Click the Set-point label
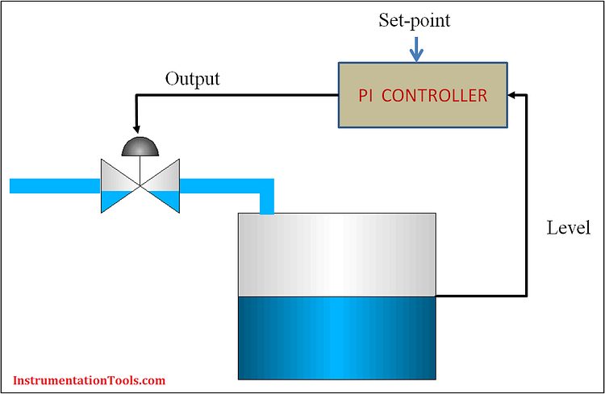pyautogui.click(x=415, y=21)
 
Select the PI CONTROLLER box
pyautogui.click(x=423, y=96)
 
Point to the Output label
pyautogui.click(x=192, y=79)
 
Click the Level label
pyautogui.click(x=569, y=228)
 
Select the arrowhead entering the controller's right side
pyautogui.click(x=514, y=96)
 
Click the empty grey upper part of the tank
pyautogui.click(x=337, y=254)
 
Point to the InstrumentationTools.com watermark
pyautogui.click(x=90, y=379)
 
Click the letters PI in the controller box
pyautogui.click(x=367, y=96)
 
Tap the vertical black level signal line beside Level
pyautogui.click(x=526, y=201)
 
